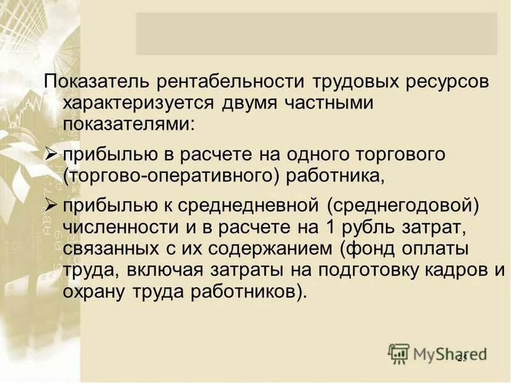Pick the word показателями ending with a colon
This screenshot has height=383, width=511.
click(127, 123)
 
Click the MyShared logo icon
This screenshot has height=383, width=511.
click(399, 353)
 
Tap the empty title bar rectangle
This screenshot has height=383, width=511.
click(316, 33)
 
